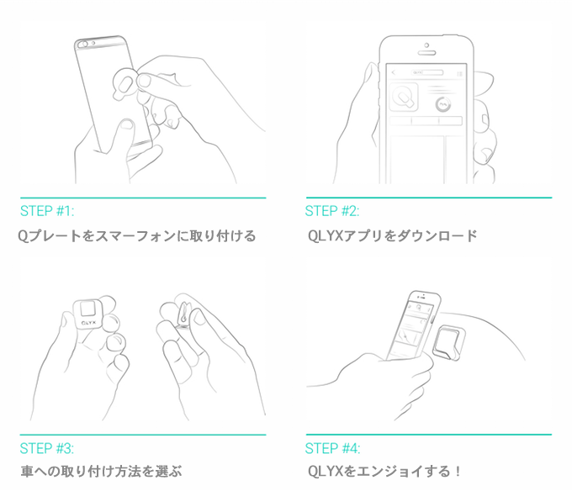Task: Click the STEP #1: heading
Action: tap(47, 211)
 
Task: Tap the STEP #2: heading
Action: tap(332, 211)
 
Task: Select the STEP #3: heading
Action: tap(47, 448)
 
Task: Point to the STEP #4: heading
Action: tap(332, 448)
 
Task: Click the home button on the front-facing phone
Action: tap(426, 45)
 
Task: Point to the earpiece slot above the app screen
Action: tap(426, 53)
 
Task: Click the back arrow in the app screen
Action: tap(394, 73)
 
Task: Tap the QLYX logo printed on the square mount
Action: tap(88, 323)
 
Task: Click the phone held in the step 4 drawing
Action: tap(412, 325)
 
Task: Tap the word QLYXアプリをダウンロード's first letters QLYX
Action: tap(326, 236)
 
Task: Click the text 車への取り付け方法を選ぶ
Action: tap(101, 472)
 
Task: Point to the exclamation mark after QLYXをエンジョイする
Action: tap(458, 472)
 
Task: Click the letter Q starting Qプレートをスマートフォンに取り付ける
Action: tap(23, 236)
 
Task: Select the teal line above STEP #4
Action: tap(429, 435)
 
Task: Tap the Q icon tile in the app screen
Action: tap(404, 97)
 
